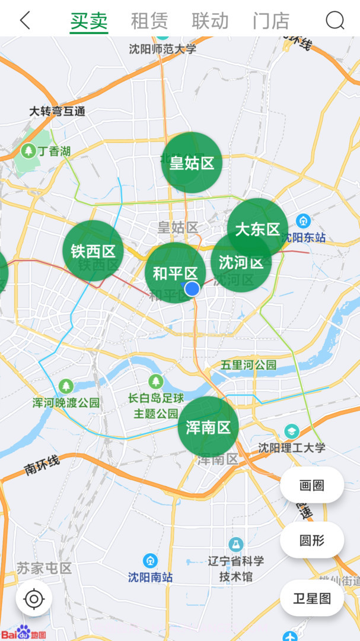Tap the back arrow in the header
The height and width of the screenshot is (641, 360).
[25, 20]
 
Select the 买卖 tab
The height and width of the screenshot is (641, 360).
[89, 21]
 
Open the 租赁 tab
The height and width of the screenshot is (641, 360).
[149, 21]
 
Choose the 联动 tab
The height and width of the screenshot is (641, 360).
[210, 21]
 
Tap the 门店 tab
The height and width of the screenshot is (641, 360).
[271, 21]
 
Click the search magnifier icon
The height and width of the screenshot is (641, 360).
[334, 21]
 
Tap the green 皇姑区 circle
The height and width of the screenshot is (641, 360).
[192, 163]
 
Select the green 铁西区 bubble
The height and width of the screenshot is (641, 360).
[93, 250]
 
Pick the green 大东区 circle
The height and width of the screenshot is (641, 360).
[257, 229]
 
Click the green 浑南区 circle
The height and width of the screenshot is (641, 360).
[208, 427]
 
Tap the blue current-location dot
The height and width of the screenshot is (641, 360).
[192, 288]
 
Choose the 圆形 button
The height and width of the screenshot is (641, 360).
[312, 540]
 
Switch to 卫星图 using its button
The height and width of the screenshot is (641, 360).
[312, 598]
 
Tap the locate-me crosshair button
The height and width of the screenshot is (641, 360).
[34, 599]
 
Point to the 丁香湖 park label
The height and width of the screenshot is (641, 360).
[53, 151]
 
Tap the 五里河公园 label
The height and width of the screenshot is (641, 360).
[249, 364]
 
